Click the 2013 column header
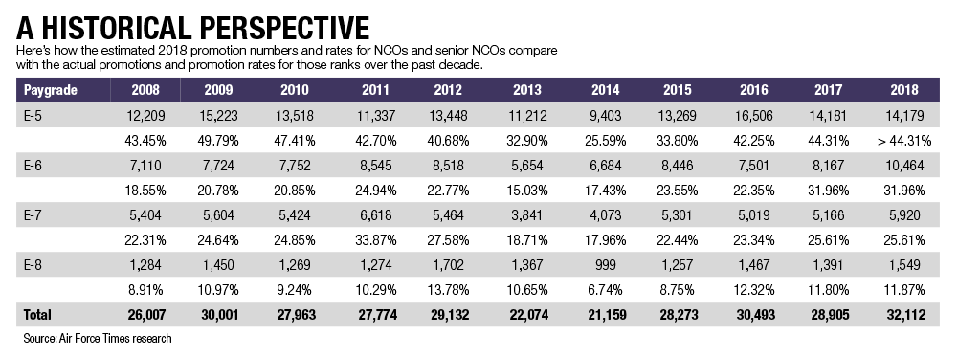pos(526,90)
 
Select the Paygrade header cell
pos(51,90)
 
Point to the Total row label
pos(37,315)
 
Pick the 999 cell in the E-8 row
pos(606,265)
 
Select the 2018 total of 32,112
pos(904,315)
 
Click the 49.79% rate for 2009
pos(218,141)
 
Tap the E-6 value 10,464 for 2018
pos(904,165)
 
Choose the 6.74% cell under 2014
pos(606,290)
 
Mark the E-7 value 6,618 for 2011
pos(375,215)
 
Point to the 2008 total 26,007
pos(145,315)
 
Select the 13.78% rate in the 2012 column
pos(449,290)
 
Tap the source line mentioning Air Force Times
pos(98,338)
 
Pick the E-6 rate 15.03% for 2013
pos(526,191)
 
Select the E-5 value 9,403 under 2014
pos(606,115)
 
